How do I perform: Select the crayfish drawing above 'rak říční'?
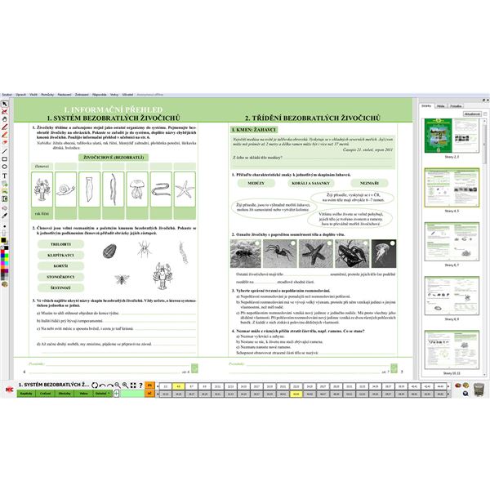pyautogui.click(x=38, y=190)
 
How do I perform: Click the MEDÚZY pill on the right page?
pyautogui.click(x=255, y=183)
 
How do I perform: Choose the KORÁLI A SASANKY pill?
pyautogui.click(x=312, y=183)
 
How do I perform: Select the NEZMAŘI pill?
pyautogui.click(x=368, y=183)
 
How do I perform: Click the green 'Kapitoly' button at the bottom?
pyautogui.click(x=25, y=393)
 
